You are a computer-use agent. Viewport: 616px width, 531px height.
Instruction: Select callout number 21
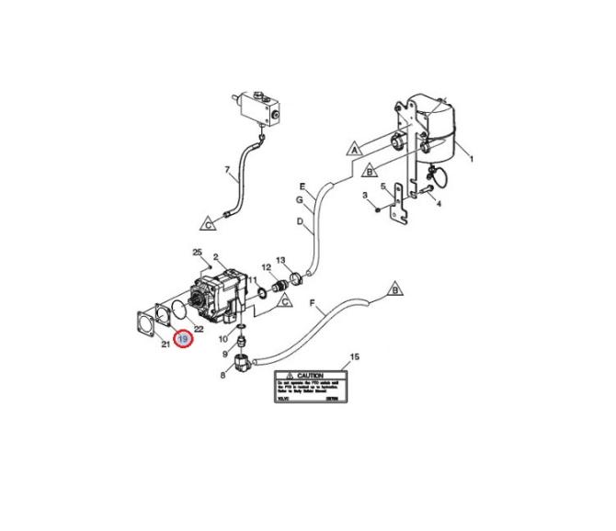coord(165,345)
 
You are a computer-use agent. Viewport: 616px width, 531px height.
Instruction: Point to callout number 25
coord(196,252)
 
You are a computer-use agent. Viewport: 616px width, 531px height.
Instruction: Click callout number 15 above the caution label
coord(355,356)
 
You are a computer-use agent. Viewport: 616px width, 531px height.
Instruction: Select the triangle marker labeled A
coord(353,147)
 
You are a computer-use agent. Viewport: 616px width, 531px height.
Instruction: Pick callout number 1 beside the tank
coord(471,159)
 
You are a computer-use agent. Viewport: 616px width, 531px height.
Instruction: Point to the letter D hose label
coord(300,221)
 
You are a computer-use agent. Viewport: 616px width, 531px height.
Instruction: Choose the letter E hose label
coord(300,186)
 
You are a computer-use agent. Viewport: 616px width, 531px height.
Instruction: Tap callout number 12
coord(265,267)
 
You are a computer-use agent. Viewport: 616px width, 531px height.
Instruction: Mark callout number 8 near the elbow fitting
coord(222,374)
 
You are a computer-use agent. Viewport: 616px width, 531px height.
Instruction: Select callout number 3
coord(365,196)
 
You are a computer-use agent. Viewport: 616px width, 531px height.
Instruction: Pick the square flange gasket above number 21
coord(144,322)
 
